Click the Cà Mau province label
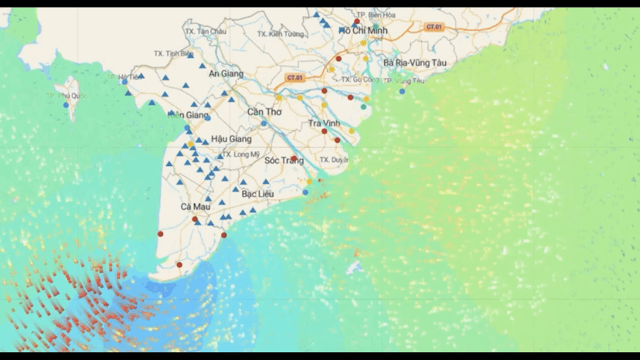pos(196,207)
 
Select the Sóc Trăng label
pos(283,161)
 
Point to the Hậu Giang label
pos(231,139)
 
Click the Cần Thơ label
pos(264,112)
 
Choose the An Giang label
pos(226,73)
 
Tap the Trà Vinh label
pos(325,124)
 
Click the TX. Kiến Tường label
pos(281,34)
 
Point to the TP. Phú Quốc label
pos(66,96)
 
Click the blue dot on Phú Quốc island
pos(66,105)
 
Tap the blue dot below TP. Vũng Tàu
pos(402,92)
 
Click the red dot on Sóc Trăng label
pos(294,158)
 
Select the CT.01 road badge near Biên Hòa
pos(434,27)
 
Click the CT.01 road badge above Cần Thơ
pos(294,78)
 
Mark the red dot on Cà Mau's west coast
pos(161,233)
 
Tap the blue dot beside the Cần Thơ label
pos(264,123)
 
